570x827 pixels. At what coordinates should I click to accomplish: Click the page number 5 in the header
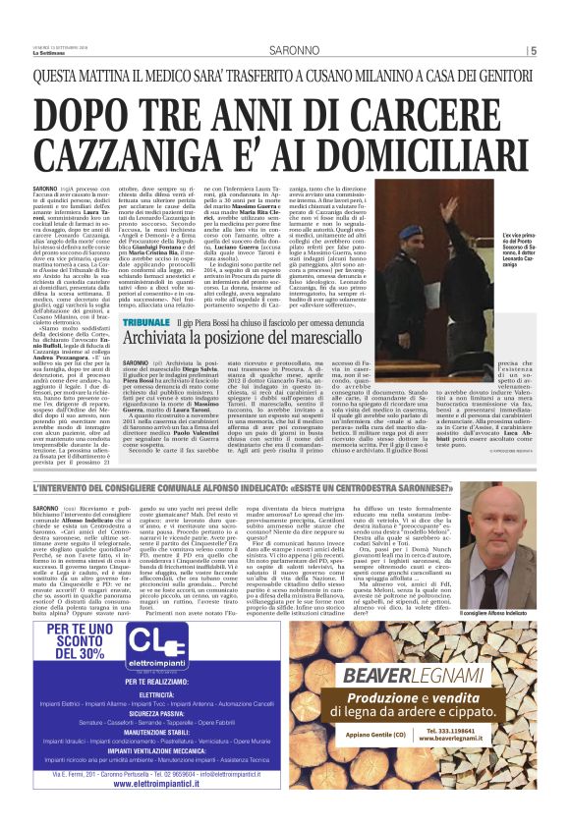[533, 51]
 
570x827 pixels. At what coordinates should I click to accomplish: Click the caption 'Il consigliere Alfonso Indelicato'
[495, 586]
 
